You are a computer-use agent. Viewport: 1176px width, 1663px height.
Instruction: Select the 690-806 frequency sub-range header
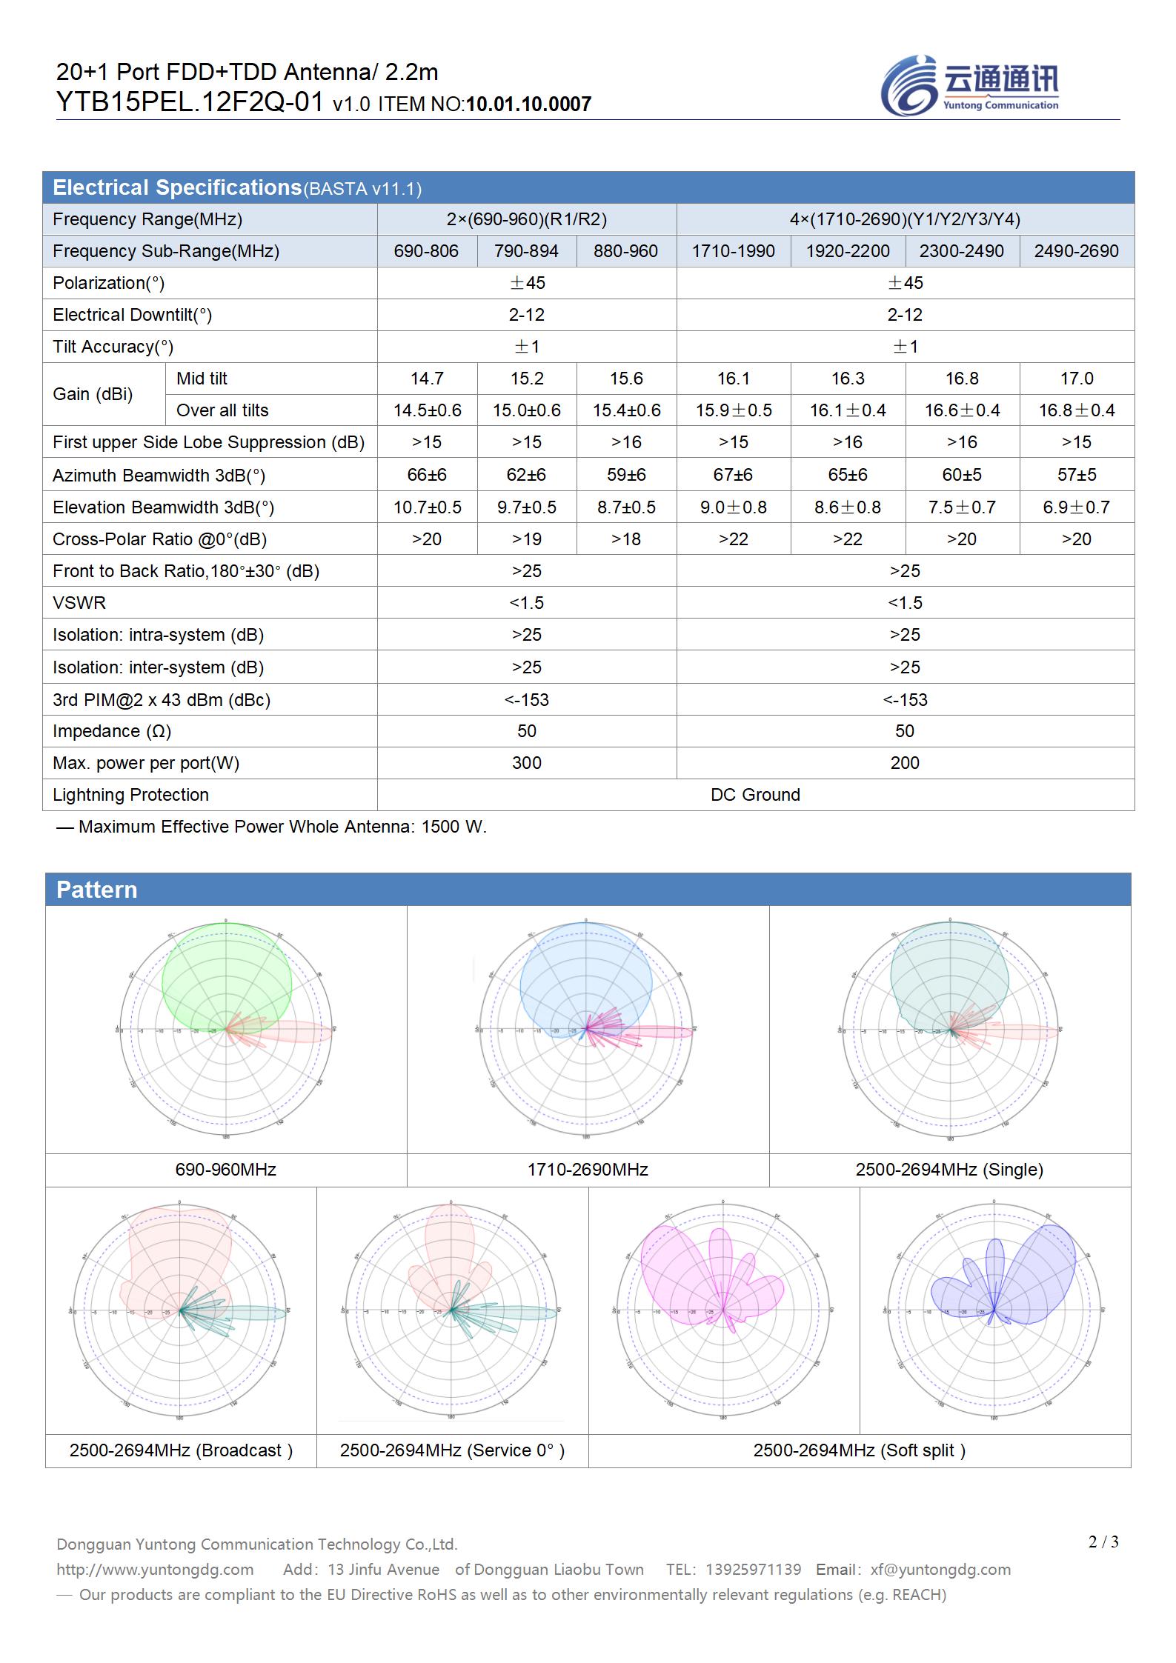[x=426, y=251]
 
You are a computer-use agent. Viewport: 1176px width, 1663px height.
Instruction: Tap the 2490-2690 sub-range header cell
[x=1076, y=251]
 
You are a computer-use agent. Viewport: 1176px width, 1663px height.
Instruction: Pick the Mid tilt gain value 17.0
[x=1076, y=379]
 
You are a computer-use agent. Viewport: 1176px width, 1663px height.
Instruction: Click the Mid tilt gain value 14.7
[x=427, y=379]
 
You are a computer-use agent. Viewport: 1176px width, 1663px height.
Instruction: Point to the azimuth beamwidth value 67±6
[x=733, y=475]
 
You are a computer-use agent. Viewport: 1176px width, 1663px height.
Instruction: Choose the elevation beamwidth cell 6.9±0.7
[x=1076, y=507]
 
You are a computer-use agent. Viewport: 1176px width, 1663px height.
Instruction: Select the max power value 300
[x=526, y=763]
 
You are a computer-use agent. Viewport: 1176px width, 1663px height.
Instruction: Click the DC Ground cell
[x=755, y=795]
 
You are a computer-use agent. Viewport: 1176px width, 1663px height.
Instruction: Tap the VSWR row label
[x=79, y=603]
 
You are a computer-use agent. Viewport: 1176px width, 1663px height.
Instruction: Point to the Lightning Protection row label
[x=130, y=795]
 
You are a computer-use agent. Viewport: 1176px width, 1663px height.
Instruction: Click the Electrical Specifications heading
[x=177, y=188]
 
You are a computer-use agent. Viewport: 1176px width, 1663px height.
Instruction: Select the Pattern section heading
[x=97, y=890]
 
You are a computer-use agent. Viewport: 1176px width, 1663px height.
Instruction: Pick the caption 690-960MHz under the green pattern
[x=225, y=1170]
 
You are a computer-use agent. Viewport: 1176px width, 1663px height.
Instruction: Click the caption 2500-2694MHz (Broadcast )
[x=181, y=1450]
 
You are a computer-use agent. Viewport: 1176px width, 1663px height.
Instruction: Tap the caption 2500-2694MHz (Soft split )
[x=859, y=1450]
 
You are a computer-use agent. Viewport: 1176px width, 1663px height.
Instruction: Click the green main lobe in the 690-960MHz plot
[x=226, y=970]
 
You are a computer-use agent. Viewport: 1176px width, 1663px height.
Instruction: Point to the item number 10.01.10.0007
[x=528, y=104]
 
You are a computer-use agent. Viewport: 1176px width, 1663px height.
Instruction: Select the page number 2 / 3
[x=1103, y=1542]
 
